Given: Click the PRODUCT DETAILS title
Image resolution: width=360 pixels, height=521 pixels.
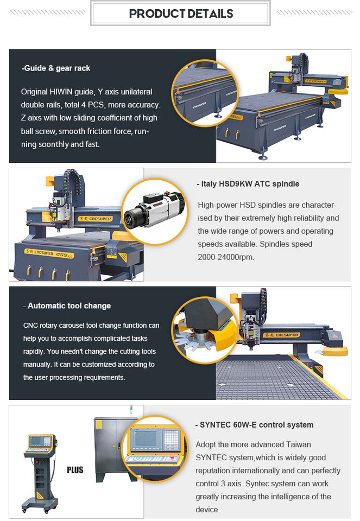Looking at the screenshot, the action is (181, 14).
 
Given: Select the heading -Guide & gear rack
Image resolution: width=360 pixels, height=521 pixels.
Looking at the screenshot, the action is (56, 68).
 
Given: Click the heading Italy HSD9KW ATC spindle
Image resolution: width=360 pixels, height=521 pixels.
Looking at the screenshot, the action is (248, 184).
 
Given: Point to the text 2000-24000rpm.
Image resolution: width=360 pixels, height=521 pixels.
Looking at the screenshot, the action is (226, 257).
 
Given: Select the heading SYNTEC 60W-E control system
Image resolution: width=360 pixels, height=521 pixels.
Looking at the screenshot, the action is (254, 425).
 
